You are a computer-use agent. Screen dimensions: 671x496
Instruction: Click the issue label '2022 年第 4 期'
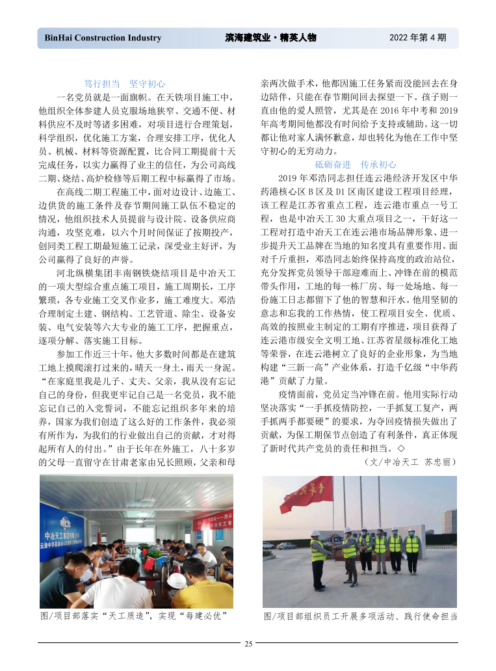pyautogui.click(x=417, y=38)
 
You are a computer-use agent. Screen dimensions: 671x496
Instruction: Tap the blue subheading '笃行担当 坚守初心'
pyautogui.click(x=125, y=84)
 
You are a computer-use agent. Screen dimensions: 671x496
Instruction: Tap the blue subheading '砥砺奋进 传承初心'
pyautogui.click(x=356, y=164)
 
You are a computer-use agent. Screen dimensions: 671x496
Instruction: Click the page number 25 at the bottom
pyautogui.click(x=248, y=644)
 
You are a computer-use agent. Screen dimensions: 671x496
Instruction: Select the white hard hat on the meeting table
pyautogui.click(x=176, y=578)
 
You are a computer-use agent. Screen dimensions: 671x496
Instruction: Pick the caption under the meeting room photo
pyautogui.click(x=137, y=615)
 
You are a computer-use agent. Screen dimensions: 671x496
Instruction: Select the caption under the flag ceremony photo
pyautogui.click(x=361, y=615)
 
